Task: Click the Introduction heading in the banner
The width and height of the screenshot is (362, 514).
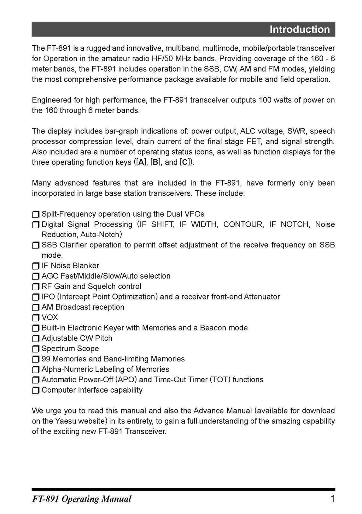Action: pyautogui.click(x=299, y=29)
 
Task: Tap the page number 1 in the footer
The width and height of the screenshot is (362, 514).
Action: pyautogui.click(x=332, y=499)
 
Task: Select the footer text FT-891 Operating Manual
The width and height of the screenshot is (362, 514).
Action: pyautogui.click(x=82, y=499)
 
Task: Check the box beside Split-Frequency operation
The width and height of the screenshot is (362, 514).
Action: pyautogui.click(x=36, y=215)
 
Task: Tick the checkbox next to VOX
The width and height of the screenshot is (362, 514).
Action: pyautogui.click(x=36, y=318)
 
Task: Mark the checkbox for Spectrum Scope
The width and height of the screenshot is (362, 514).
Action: pyautogui.click(x=36, y=349)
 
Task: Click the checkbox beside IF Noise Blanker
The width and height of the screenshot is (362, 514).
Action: pyautogui.click(x=36, y=266)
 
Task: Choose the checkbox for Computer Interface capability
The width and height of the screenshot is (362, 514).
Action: pyautogui.click(x=36, y=390)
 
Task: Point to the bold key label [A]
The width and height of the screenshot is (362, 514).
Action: pyautogui.click(x=141, y=162)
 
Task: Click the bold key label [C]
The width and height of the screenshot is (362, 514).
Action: pyautogui.click(x=186, y=162)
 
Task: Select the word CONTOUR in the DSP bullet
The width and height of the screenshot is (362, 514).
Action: pyautogui.click(x=243, y=224)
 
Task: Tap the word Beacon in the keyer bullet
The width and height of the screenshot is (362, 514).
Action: pyautogui.click(x=212, y=328)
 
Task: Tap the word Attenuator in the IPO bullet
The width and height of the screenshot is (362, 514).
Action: pyautogui.click(x=262, y=297)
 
